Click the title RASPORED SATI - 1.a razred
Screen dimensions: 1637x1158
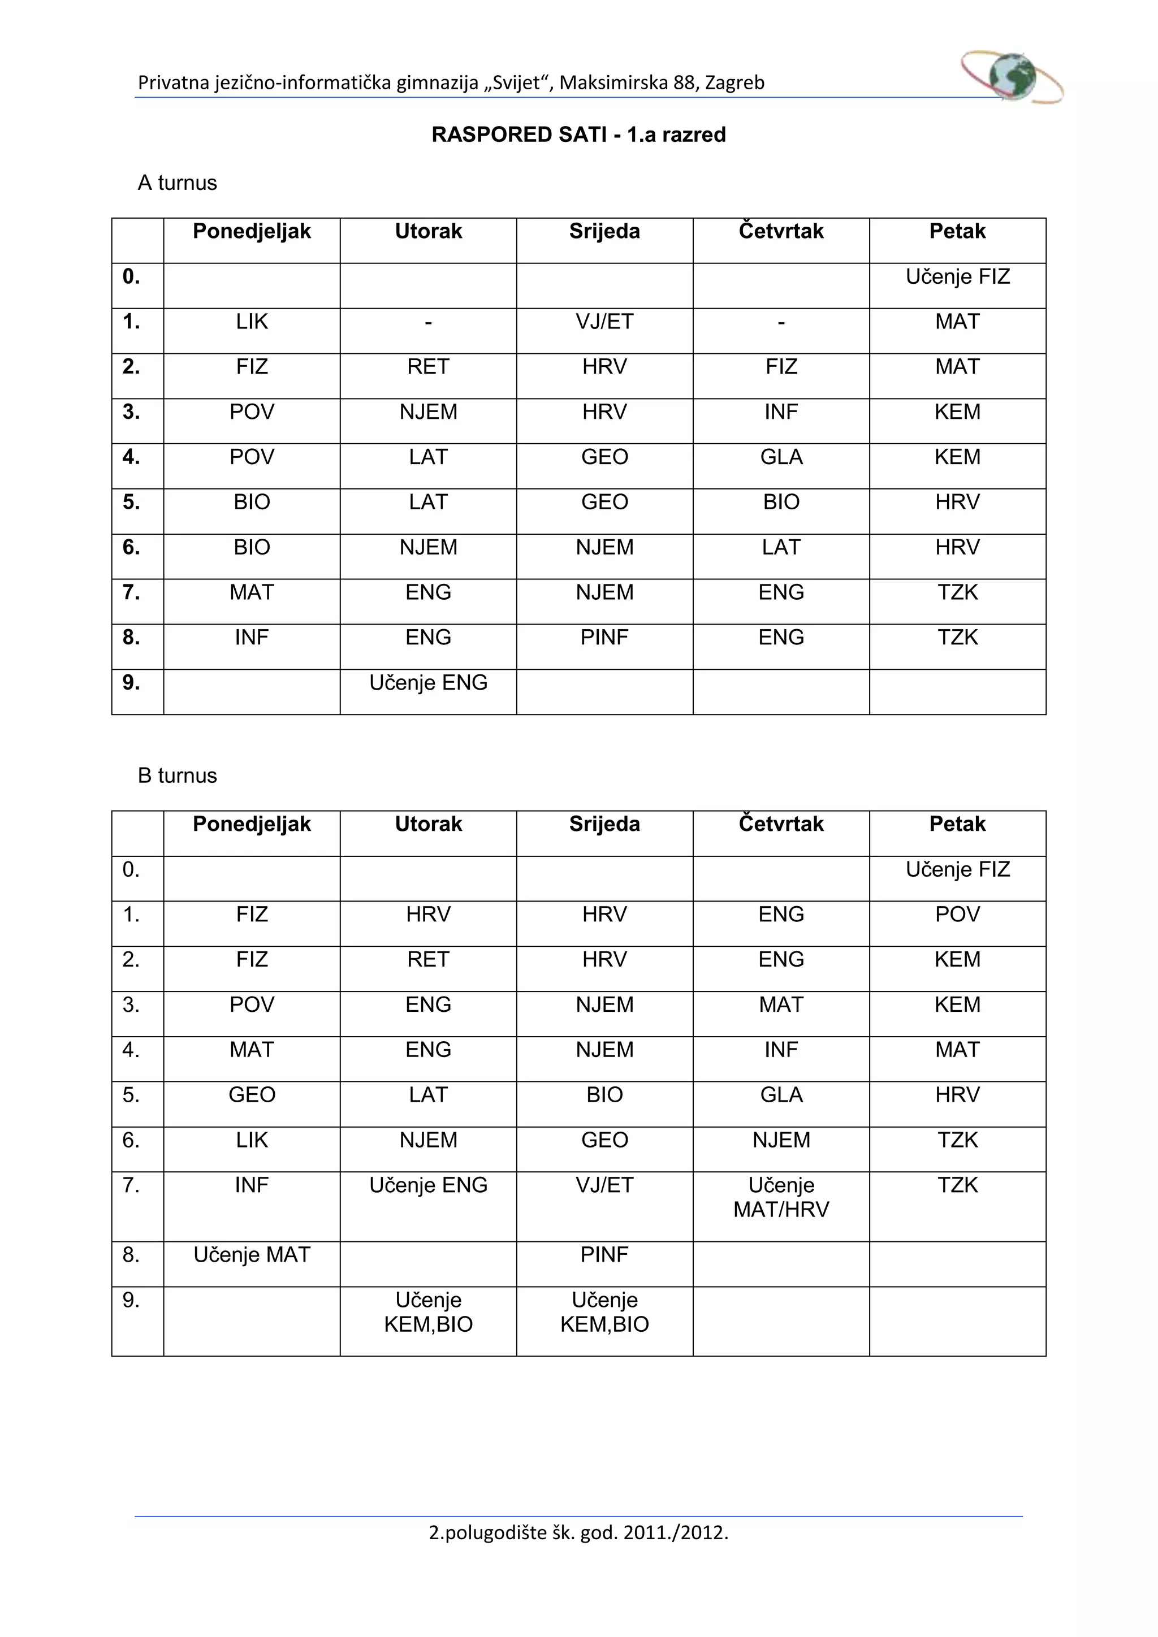coord(578,135)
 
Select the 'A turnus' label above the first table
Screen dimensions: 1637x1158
coord(177,183)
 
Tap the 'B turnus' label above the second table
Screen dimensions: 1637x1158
coord(177,776)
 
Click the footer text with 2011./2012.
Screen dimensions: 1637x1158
coord(578,1532)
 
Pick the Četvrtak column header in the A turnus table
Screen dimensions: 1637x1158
coord(781,232)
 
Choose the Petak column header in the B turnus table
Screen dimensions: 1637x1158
coord(957,824)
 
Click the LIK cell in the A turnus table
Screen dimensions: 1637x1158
coord(252,322)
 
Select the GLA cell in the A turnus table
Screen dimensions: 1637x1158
coord(781,457)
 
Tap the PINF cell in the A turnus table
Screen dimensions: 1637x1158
coord(604,638)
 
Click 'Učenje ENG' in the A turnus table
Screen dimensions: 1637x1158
coord(428,683)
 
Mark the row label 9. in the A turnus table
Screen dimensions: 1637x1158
coord(131,683)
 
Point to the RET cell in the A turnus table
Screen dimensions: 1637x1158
coord(428,367)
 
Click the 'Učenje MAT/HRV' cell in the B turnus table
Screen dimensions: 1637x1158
coord(781,1197)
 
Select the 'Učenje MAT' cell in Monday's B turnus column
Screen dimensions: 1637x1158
coord(252,1255)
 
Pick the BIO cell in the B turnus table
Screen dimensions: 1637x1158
coord(604,1095)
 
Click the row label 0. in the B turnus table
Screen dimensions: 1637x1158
coord(131,870)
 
